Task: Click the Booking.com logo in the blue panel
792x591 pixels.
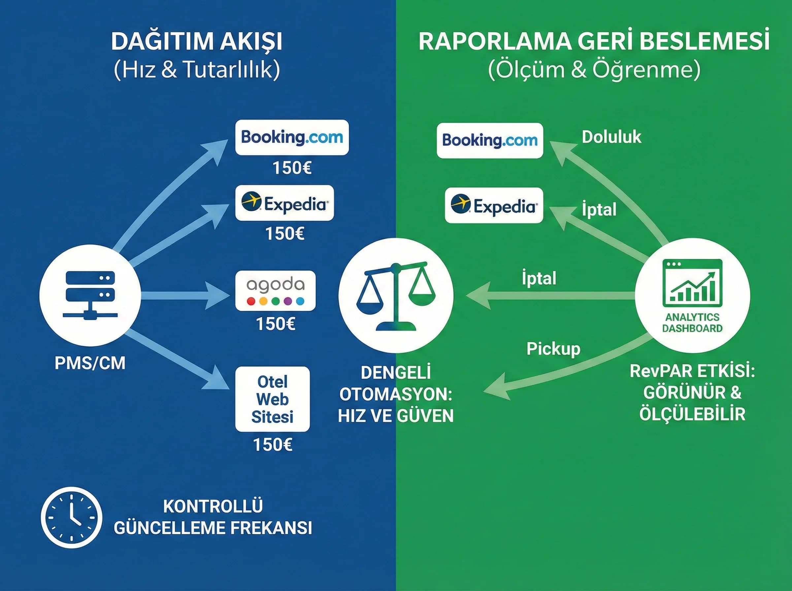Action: click(292, 138)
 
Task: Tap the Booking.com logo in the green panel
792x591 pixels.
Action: click(490, 140)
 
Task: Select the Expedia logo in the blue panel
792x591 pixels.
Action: click(284, 203)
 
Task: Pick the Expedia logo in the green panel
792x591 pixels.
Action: click(494, 206)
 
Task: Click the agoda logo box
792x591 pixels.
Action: click(275, 291)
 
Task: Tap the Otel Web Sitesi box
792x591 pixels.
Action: click(272, 399)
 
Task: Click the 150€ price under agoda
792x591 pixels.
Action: click(276, 324)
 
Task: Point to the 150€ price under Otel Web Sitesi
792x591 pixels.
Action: click(273, 445)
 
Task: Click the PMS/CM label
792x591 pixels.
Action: click(90, 363)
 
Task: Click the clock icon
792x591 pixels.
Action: click(72, 517)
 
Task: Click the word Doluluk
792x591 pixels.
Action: click(611, 137)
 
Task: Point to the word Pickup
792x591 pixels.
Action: click(553, 349)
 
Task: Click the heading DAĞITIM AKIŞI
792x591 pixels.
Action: click(197, 42)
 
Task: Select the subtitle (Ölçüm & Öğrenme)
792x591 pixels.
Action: click(594, 70)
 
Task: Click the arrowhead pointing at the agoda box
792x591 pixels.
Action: click(217, 295)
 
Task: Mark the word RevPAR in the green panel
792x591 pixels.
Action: click(654, 371)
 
